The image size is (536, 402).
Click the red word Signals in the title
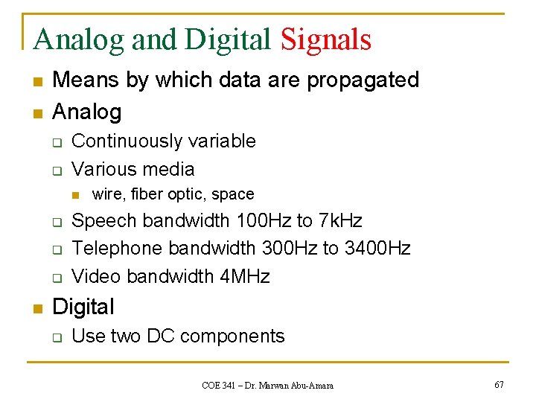tap(325, 39)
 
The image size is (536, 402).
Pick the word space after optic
tap(232, 194)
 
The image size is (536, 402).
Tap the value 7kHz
tap(339, 221)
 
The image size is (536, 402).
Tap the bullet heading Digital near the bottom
tap(83, 307)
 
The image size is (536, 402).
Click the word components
tap(232, 336)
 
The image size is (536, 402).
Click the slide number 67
tap(498, 385)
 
